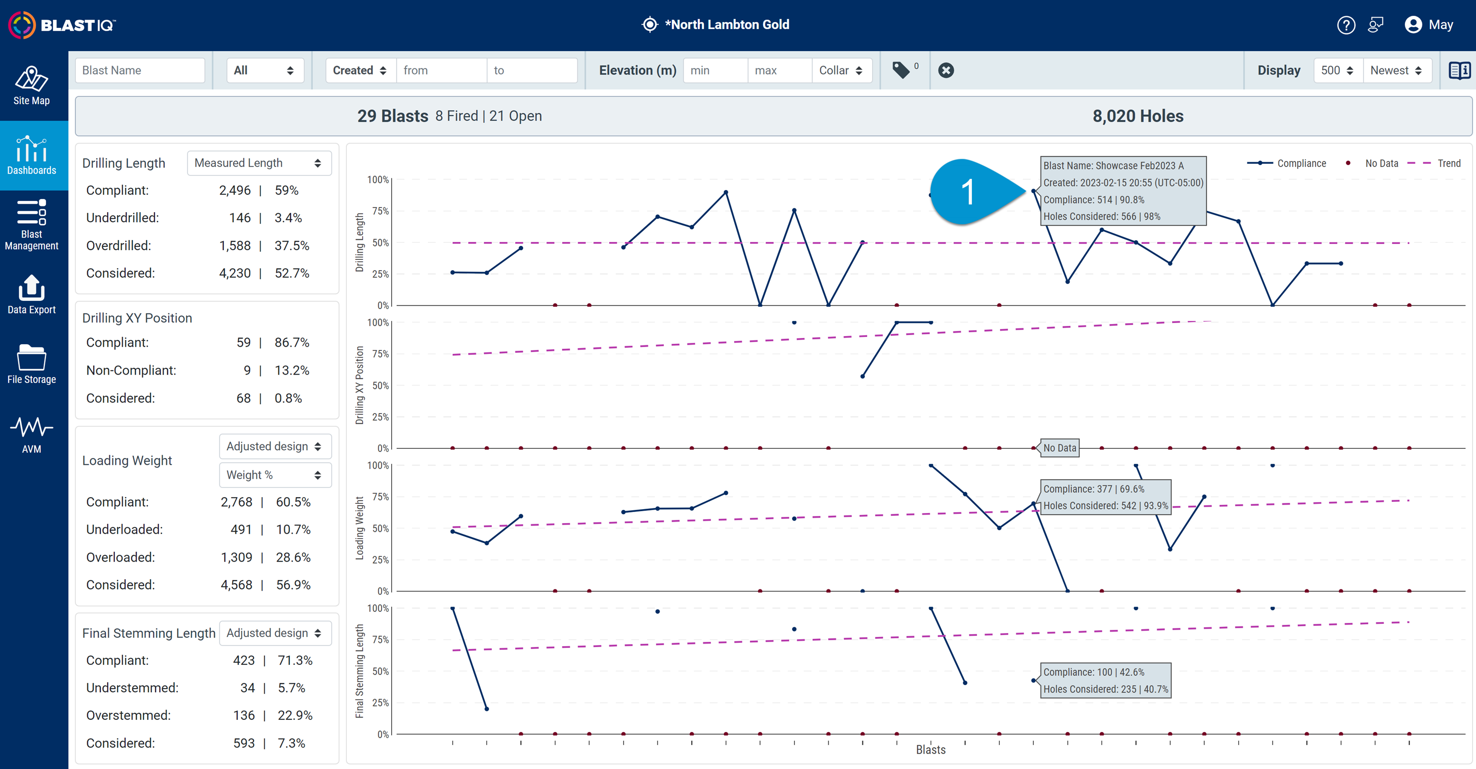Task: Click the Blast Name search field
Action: (140, 70)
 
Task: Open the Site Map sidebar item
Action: (31, 86)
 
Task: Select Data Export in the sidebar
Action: (31, 295)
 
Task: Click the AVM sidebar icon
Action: (31, 434)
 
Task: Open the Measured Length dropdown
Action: (259, 163)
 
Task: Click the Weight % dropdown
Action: (275, 475)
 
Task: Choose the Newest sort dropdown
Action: (1396, 70)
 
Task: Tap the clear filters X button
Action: (946, 70)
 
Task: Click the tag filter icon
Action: (902, 70)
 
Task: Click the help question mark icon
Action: (1346, 25)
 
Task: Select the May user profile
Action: (1429, 25)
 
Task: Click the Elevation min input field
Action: (715, 70)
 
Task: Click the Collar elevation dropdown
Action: (841, 70)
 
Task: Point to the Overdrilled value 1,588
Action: (235, 245)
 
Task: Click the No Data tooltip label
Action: (1059, 448)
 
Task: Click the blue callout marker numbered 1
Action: (969, 192)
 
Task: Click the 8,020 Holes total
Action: (1137, 116)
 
